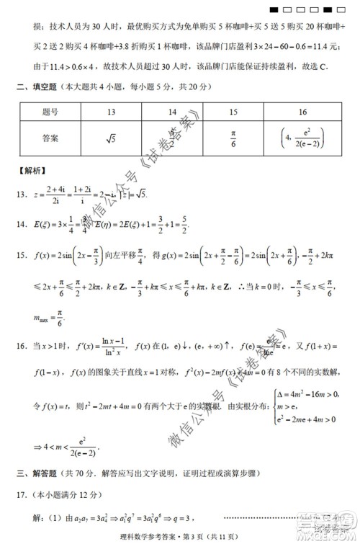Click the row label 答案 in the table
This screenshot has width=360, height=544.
(50, 135)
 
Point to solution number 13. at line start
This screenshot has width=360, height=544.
(22, 193)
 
